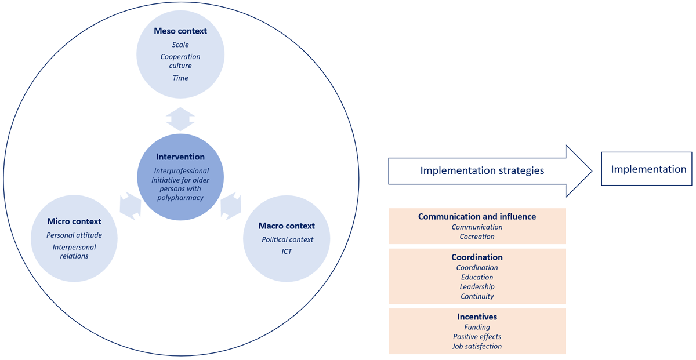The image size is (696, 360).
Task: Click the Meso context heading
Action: point(180,31)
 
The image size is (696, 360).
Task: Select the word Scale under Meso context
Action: point(180,45)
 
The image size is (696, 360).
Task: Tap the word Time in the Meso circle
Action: point(180,78)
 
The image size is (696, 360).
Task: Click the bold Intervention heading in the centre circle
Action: point(180,157)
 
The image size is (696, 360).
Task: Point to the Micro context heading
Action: point(74,221)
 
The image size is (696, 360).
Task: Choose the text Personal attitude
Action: point(74,235)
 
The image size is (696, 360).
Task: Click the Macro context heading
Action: point(287,226)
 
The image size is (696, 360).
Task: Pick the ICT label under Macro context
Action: point(287,252)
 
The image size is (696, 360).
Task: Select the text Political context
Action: point(287,239)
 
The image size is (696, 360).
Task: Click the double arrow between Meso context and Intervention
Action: point(180,119)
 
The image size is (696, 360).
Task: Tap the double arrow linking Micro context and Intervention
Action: point(130,206)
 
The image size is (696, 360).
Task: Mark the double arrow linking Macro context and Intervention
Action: point(231,206)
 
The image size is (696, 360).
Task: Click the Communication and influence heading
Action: point(477,216)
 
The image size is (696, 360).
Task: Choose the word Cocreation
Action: point(477,237)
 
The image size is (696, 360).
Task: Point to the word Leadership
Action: point(477,287)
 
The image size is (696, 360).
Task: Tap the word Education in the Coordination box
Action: point(477,277)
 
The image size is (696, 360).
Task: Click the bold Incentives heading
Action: point(477,317)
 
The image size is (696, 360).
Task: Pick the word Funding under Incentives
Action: point(477,328)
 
